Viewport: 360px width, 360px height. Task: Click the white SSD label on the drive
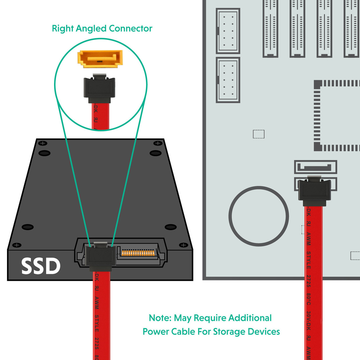click(x=41, y=266)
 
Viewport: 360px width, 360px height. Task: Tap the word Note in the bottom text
click(x=160, y=318)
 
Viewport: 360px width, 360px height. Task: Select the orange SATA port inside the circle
click(x=100, y=59)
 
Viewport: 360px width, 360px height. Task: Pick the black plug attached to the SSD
click(x=100, y=257)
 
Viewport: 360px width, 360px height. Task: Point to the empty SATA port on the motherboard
click(x=315, y=167)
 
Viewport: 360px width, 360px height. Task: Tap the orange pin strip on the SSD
click(x=138, y=253)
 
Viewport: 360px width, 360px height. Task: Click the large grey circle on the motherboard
click(x=258, y=216)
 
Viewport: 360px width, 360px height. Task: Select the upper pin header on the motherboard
click(x=228, y=31)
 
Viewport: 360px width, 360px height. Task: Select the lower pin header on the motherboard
click(x=228, y=80)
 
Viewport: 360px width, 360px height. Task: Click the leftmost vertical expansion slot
click(x=270, y=28)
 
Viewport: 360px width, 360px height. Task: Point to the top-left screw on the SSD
click(x=43, y=143)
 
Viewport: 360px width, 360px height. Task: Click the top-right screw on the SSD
click(x=158, y=143)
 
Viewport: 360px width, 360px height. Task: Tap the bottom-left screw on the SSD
click(x=17, y=245)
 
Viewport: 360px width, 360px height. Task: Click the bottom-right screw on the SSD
click(x=184, y=245)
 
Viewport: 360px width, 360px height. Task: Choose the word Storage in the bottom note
click(x=229, y=332)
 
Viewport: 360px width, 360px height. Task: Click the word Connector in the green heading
click(x=130, y=29)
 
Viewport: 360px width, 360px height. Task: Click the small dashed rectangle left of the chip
click(x=258, y=134)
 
